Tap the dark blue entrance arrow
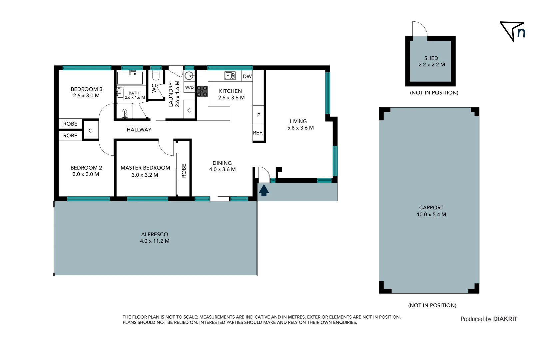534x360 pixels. (264, 191)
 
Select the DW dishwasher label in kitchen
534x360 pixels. (247, 76)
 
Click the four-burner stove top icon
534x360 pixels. (202, 91)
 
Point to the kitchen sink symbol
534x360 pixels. (230, 76)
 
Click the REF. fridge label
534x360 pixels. (258, 133)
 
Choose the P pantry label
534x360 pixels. (259, 115)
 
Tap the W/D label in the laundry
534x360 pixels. (189, 87)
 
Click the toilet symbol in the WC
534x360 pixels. (156, 75)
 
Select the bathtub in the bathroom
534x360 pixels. (130, 78)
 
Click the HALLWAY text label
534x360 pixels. (139, 130)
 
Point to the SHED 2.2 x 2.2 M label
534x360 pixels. (431, 61)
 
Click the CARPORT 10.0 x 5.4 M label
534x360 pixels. (431, 211)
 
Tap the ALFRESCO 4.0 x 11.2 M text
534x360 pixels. (155, 238)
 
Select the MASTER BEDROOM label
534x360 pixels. (145, 168)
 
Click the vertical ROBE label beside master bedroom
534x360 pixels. (184, 170)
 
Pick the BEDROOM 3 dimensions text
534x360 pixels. (86, 96)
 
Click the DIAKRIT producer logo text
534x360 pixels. (505, 319)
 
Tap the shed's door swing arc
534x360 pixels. (420, 29)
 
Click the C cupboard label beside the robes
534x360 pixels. (90, 131)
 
